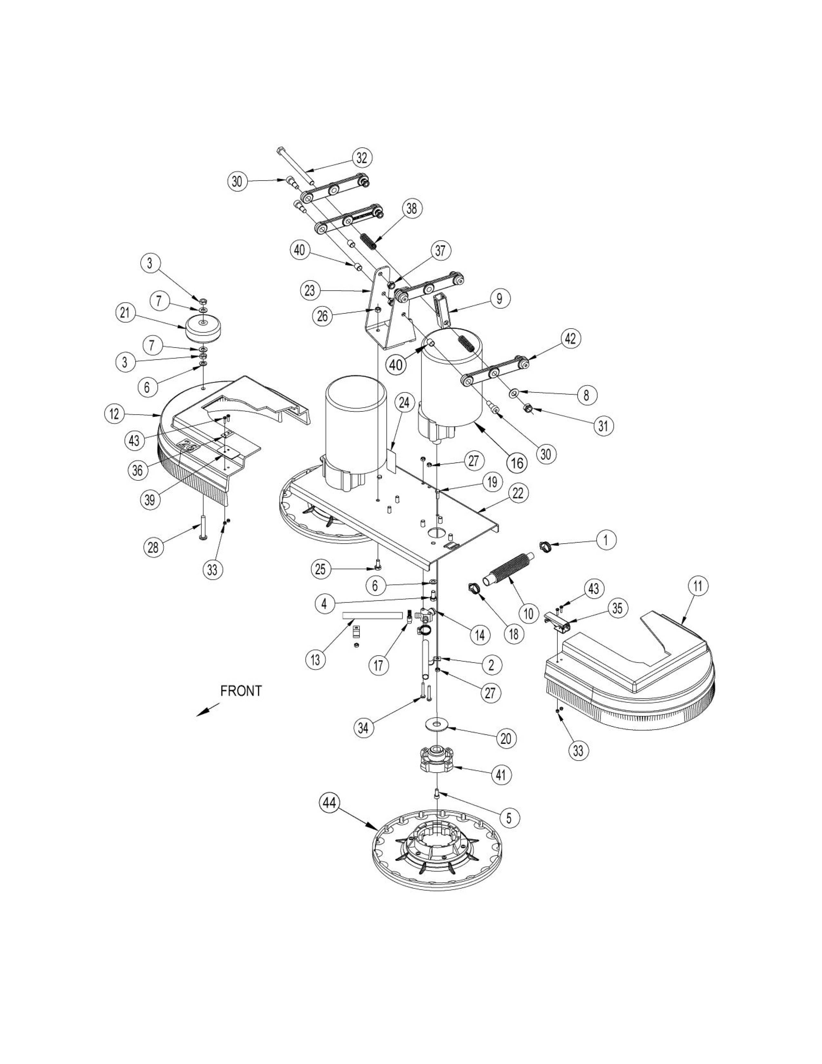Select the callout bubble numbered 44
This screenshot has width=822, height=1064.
click(x=330, y=803)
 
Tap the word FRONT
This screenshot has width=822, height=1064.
click(x=241, y=691)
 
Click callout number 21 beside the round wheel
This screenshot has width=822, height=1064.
click(x=125, y=313)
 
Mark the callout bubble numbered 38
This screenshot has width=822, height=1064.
click(x=412, y=209)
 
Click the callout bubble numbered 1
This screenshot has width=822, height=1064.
click(x=606, y=540)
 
